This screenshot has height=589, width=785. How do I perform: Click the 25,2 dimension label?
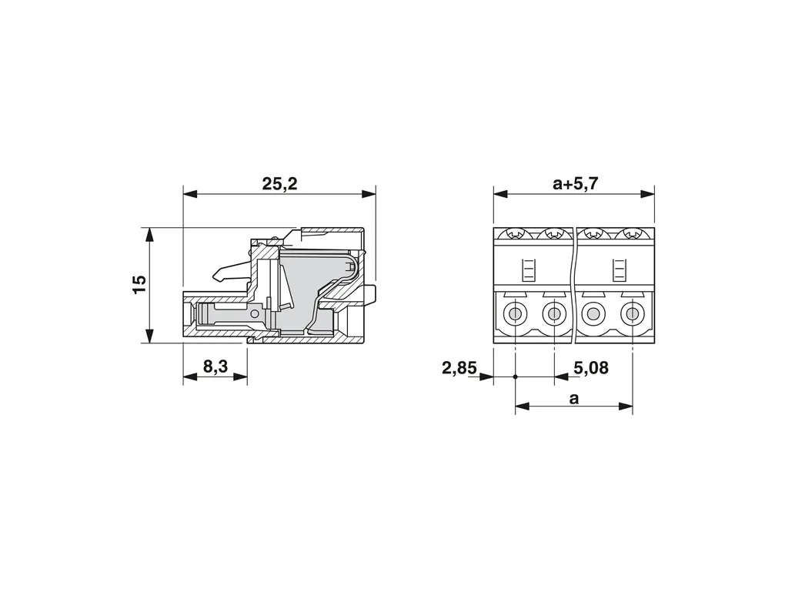point(279,184)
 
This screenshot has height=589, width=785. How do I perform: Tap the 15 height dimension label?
point(139,284)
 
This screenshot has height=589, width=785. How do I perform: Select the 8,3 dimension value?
point(215,367)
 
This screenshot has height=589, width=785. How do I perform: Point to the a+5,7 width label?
point(575,184)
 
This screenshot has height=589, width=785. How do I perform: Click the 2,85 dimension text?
point(459,368)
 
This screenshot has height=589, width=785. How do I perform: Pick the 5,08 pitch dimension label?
point(591,368)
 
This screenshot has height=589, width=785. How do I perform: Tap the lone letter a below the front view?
point(573,399)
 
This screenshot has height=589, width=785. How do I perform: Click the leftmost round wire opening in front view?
point(515,315)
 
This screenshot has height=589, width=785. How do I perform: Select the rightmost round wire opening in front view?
point(633,315)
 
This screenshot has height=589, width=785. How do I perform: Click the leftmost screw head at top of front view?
point(515,233)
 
